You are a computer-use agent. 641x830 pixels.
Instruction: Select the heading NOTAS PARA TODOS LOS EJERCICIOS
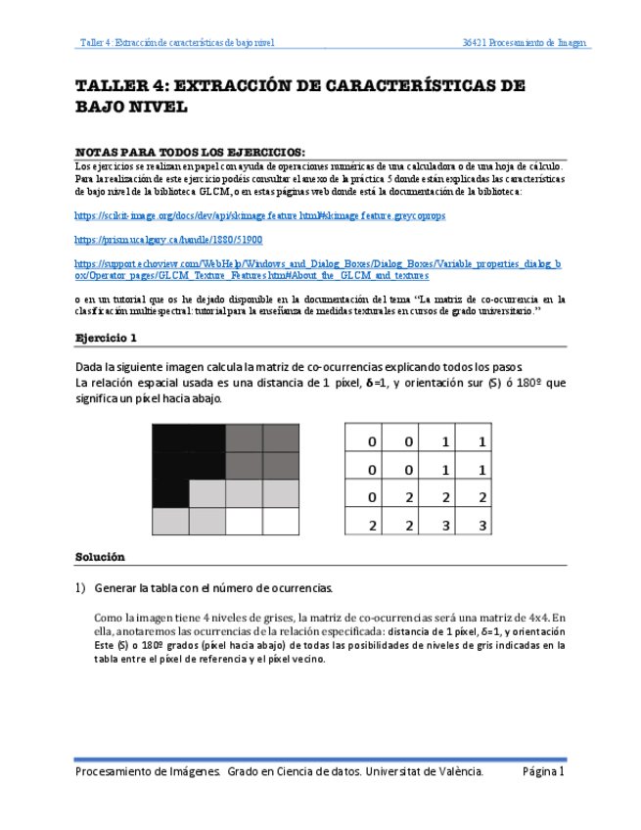tap(190, 153)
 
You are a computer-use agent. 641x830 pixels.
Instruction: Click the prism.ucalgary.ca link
tap(168, 239)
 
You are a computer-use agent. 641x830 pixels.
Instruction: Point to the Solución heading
tap(101, 557)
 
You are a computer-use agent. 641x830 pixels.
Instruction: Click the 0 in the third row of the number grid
tap(373, 498)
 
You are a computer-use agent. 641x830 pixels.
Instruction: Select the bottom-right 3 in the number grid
tap(482, 526)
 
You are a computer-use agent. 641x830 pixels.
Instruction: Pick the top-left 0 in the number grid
tap(373, 442)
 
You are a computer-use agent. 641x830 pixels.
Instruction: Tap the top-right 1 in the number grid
tap(482, 442)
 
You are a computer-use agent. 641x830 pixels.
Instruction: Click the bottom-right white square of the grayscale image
tap(281, 522)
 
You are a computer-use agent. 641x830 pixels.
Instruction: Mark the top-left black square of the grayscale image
tap(170, 438)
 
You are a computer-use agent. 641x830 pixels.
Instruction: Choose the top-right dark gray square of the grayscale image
tap(281, 438)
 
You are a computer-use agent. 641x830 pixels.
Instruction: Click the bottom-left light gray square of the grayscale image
tap(170, 522)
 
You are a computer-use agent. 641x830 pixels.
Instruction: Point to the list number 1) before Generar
tap(81, 588)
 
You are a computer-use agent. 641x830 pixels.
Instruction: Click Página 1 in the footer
tap(543, 772)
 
